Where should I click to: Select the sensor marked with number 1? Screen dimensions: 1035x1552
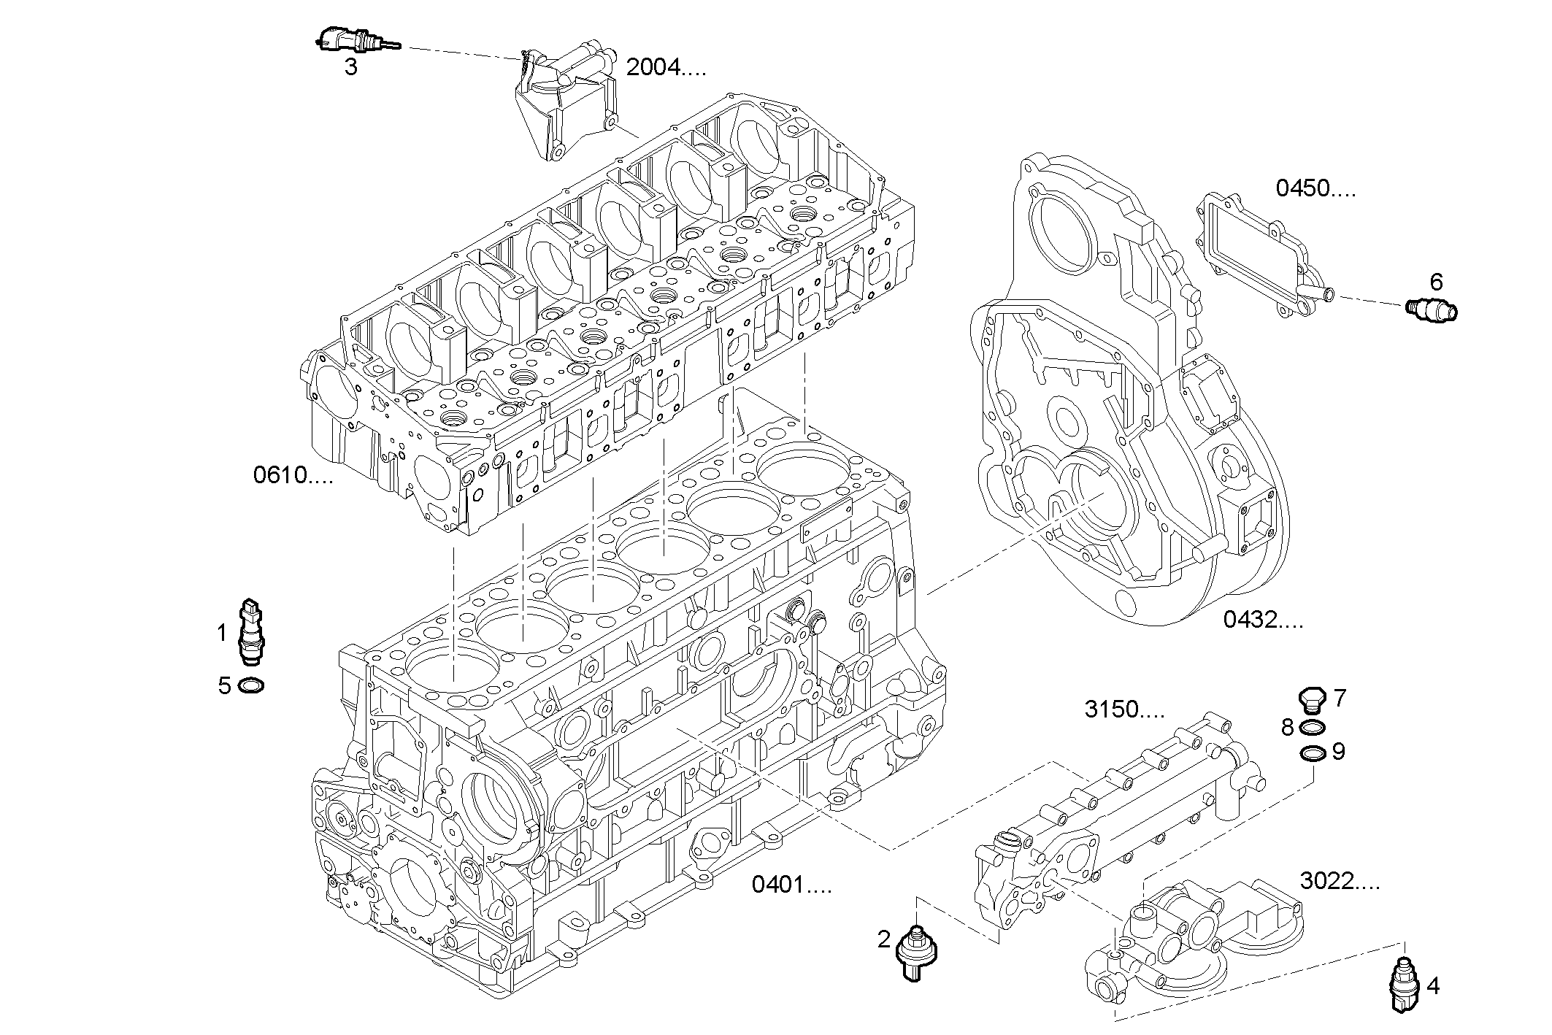coord(251,633)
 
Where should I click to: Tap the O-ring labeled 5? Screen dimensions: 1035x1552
coord(251,686)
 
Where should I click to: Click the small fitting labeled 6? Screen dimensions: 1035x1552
coord(1432,310)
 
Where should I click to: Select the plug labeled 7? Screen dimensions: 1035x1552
coord(1313,699)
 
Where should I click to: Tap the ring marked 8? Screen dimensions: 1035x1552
coord(1313,727)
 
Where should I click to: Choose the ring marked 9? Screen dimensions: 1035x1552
coord(1313,753)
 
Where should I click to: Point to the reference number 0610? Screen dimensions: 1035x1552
coord(293,476)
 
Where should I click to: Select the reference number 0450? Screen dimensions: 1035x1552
coord(1315,188)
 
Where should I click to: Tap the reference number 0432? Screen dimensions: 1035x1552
coord(1263,620)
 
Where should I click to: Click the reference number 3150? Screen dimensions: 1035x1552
coord(1124,709)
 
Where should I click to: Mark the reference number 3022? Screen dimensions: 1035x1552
coord(1340,882)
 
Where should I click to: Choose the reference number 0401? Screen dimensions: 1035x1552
coord(791,885)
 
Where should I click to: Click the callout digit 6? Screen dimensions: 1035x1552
coord(1436,281)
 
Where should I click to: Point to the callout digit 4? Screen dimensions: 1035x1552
coord(1433,987)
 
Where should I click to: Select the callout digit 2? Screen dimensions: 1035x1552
coord(884,939)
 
